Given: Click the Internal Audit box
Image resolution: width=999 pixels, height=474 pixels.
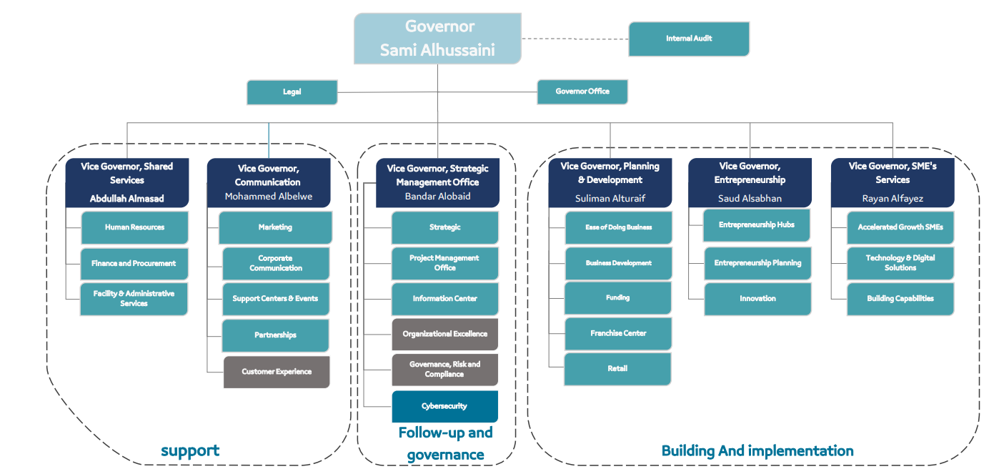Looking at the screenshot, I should tap(689, 39).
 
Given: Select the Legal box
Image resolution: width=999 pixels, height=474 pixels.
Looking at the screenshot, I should tap(292, 92).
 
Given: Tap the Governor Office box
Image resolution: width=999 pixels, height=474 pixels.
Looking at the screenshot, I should tap(582, 92).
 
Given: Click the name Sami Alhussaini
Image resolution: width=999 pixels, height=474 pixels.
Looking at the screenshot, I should tap(437, 51).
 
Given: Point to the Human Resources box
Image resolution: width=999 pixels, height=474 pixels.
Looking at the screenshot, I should tap(134, 227).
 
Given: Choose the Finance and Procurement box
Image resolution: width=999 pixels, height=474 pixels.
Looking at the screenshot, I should tap(134, 264).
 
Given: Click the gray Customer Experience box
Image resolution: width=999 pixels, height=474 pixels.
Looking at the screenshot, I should tap(277, 372).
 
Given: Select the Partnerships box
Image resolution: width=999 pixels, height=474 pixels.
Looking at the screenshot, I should tap(275, 335).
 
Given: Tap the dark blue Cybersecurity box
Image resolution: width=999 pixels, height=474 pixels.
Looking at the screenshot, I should tap(444, 406).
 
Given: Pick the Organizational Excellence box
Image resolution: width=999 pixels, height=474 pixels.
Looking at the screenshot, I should tap(444, 334).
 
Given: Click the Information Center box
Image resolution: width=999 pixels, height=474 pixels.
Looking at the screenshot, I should tap(444, 299).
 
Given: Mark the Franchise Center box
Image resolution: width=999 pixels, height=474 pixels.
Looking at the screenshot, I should tap(618, 333).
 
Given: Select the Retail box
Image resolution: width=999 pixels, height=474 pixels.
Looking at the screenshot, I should tap(617, 369).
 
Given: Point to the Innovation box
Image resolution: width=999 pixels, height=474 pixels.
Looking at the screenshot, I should tap(757, 299).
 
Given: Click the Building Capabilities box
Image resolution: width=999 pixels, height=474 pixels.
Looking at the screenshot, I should tap(900, 299).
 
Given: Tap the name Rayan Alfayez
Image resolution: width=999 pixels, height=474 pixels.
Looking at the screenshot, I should tap(893, 198).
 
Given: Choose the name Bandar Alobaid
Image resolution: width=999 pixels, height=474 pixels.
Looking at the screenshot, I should tap(437, 197).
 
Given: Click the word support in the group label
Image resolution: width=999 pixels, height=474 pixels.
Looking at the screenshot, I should tap(190, 450).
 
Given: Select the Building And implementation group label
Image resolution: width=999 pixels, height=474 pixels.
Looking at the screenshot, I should tap(757, 450).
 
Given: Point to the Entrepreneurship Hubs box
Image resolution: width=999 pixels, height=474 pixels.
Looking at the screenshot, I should tap(757, 225).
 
